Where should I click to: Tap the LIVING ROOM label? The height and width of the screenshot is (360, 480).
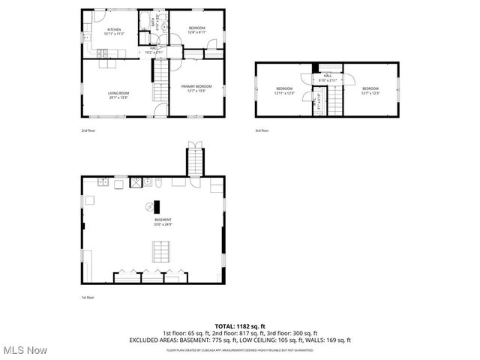[118, 94]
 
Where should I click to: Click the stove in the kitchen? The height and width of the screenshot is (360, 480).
[103, 52]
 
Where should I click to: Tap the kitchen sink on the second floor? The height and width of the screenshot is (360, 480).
[87, 34]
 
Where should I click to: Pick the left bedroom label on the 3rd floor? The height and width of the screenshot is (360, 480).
[283, 91]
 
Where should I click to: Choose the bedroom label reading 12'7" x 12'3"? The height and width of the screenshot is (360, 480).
[370, 91]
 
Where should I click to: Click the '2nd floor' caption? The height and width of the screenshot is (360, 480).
[88, 130]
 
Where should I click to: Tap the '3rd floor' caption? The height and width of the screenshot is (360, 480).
[262, 130]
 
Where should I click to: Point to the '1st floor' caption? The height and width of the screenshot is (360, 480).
[88, 298]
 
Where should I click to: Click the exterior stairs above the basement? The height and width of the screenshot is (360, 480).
[194, 160]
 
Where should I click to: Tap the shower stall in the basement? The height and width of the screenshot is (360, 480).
[136, 181]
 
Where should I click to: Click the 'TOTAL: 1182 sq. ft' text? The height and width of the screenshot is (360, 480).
[240, 326]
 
